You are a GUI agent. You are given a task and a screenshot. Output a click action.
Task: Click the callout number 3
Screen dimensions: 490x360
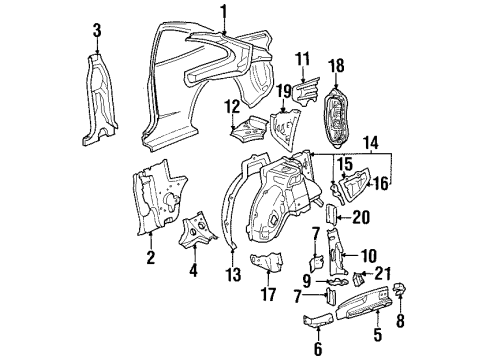point(97,30)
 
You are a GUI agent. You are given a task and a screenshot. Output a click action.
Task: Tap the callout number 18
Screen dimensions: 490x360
point(336,66)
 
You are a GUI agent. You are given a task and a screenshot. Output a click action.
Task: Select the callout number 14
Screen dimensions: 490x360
point(371,143)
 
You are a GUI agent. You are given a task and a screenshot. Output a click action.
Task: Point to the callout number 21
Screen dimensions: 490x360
point(382,274)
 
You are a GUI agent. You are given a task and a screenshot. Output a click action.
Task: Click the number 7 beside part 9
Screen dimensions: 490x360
point(297,297)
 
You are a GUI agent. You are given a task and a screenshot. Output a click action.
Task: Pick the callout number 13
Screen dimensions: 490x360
point(233,274)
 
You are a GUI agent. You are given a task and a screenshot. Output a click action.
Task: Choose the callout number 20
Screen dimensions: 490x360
point(361,218)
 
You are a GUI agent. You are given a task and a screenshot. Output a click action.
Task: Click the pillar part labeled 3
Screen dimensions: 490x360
point(99,100)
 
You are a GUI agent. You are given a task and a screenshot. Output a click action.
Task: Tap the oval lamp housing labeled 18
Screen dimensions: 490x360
point(335,118)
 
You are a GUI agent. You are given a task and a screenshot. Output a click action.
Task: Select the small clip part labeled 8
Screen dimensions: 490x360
point(399,289)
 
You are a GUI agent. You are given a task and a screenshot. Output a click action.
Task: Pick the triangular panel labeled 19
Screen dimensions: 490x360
point(283,129)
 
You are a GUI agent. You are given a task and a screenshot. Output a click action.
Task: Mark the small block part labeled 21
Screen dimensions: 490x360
point(358,279)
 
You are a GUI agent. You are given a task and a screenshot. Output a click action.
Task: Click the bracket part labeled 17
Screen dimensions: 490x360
point(267,262)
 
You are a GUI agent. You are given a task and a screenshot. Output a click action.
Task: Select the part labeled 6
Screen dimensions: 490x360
point(318,319)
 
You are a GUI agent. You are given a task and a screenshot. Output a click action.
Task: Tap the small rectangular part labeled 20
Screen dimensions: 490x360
point(332,215)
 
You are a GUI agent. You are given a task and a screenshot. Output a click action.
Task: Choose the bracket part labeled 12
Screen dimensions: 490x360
point(250,127)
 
